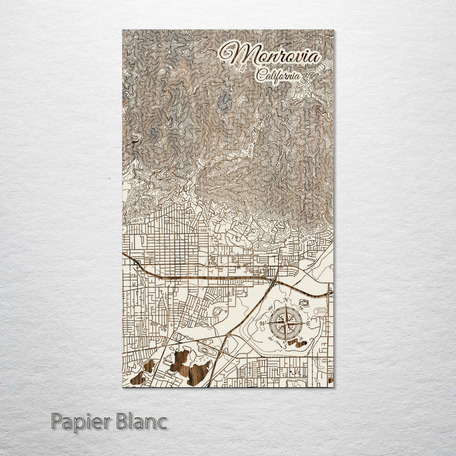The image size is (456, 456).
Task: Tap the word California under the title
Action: tap(279, 75)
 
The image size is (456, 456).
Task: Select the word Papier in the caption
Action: tap(80, 421)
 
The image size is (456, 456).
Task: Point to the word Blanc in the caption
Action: tap(142, 421)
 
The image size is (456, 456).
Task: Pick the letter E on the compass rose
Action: tap(309, 324)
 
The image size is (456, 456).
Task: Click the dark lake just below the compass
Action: tap(293, 343)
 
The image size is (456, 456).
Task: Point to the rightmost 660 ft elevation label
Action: tap(306, 239)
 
